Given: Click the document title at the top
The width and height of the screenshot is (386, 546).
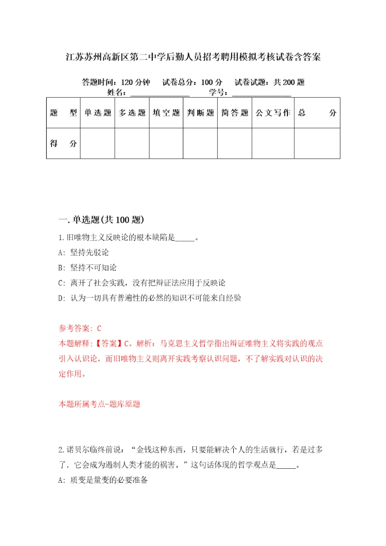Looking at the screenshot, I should coord(193,57).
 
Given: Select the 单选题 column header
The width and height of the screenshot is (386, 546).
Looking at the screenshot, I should coord(97,113).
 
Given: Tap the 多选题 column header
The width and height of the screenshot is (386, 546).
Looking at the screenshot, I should coord(132,113).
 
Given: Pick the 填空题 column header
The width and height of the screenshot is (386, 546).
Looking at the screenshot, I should coord(166,113).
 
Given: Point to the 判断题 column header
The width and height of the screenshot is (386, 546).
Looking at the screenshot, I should coord(201,113).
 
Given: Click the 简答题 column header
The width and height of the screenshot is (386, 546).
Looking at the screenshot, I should coord(235,113).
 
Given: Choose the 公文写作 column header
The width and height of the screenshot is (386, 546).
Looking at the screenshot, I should coord(273,113).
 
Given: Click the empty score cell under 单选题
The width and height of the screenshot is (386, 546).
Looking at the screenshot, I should coord(97,143).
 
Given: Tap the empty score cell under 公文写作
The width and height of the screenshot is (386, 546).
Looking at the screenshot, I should coord(273,143).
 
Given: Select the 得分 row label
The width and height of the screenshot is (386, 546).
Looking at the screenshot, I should coord(63,143).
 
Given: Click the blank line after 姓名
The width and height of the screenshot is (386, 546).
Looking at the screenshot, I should coord(160,93).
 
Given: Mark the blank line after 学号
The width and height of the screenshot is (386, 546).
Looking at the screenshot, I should coord(262,93).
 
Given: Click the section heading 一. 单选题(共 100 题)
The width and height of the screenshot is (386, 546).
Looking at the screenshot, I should coord(101,219).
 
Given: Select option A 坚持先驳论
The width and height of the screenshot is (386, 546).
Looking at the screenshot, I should coord(84,252).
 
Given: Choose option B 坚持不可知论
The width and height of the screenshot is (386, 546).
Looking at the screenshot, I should coord(87,267).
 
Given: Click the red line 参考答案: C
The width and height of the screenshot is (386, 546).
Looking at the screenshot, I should coord(80,327).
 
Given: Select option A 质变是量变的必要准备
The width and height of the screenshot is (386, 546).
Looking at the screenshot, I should coord(102,481).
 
